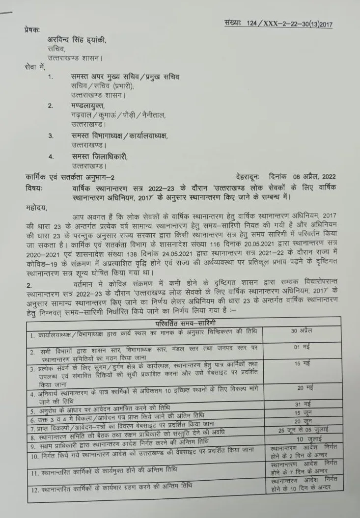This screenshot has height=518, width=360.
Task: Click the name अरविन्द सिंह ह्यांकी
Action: [x=76, y=40]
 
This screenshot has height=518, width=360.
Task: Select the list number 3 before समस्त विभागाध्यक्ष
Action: [x=51, y=135]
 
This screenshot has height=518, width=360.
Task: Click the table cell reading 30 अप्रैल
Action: [x=302, y=331]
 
